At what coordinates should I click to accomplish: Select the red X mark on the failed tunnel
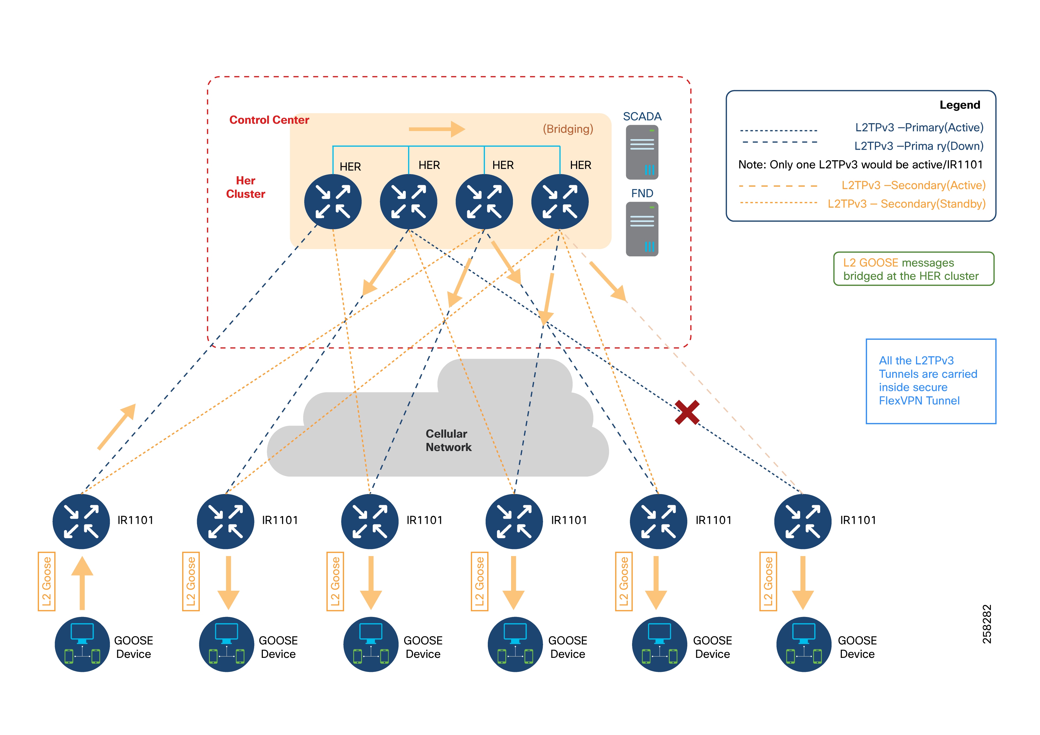coord(687,412)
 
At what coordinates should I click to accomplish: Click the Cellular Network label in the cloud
coord(448,440)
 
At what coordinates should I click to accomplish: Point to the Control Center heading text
coord(269,120)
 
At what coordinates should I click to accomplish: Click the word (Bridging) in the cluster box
coord(568,129)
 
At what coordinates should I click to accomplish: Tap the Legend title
coord(959,105)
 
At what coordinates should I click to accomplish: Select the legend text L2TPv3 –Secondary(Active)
coord(913,185)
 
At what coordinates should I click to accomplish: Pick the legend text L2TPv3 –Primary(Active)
coord(919,128)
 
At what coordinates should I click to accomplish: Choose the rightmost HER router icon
coord(560,202)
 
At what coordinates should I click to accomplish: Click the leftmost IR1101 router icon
coord(81,521)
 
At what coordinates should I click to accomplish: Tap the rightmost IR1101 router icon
coord(803,521)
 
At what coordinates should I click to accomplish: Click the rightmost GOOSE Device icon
coord(804,644)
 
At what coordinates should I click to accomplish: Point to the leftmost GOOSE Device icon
coord(82,644)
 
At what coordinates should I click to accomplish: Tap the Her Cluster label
coord(246,187)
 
